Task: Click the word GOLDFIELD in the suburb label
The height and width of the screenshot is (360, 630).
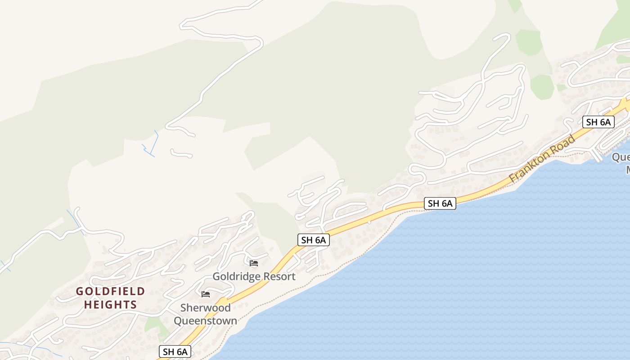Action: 110,291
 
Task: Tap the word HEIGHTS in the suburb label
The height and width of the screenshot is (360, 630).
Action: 110,305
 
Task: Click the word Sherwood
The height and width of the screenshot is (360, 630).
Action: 205,308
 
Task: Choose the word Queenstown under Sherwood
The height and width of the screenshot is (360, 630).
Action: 205,321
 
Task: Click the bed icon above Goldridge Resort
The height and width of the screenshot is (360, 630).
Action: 254,263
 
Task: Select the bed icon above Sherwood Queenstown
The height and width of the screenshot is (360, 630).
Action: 206,294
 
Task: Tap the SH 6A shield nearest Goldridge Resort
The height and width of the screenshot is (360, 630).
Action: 314,240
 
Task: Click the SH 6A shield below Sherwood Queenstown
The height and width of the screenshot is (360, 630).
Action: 175,351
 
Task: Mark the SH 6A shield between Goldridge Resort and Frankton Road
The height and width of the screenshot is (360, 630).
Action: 440,203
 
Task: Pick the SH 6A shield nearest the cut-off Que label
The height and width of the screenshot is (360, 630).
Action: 598,121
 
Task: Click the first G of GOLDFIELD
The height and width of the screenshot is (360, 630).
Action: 80,291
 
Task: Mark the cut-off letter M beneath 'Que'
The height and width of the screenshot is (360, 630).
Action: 627,170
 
